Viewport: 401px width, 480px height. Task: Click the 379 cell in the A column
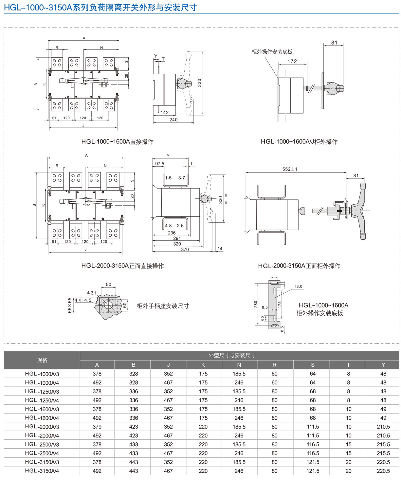click(x=97, y=427)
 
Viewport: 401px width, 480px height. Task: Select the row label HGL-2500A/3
click(x=42, y=444)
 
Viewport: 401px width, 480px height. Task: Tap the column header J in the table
click(x=168, y=365)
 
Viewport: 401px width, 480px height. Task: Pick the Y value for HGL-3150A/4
click(x=383, y=471)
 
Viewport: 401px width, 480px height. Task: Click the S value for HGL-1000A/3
click(x=313, y=374)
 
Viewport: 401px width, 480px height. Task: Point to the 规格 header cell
click(x=42, y=360)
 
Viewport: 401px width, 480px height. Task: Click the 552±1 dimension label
click(x=290, y=169)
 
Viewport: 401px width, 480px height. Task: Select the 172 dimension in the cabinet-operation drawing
click(x=292, y=61)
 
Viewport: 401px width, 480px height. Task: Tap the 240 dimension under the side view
click(x=173, y=120)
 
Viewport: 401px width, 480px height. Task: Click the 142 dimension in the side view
click(x=165, y=113)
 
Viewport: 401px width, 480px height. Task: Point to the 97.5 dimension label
click(x=160, y=164)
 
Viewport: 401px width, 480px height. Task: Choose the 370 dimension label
click(x=185, y=249)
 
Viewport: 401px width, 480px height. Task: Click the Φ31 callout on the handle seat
click(x=91, y=293)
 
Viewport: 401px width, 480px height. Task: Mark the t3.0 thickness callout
click(x=299, y=286)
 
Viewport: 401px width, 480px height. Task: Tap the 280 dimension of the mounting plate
click(x=256, y=304)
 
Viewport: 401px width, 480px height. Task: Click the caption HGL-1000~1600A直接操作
click(x=117, y=142)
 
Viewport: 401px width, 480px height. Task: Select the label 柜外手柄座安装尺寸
click(x=163, y=306)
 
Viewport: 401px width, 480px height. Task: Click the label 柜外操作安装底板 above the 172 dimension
click(x=272, y=52)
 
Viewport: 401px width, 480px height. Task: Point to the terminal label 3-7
click(x=181, y=178)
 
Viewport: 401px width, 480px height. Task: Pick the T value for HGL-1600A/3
click(x=348, y=409)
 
